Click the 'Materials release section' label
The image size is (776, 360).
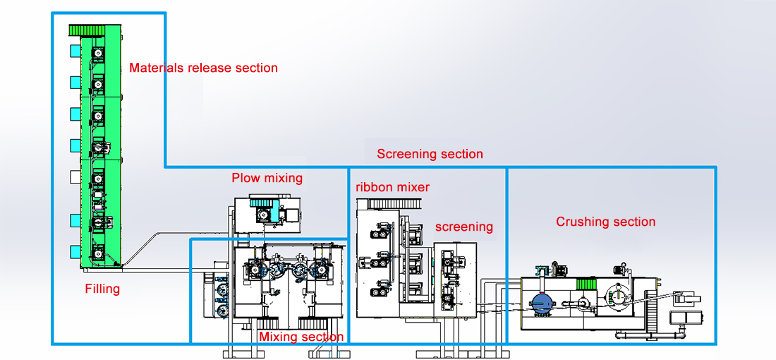[x=203, y=67]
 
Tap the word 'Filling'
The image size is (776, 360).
[x=102, y=288]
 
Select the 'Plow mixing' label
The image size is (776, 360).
[x=267, y=178]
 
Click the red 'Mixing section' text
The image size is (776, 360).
[x=301, y=337]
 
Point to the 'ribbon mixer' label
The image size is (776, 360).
[x=392, y=187]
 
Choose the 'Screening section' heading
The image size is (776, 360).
[x=430, y=154]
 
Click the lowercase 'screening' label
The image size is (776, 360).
[x=464, y=227]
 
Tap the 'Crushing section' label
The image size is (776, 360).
[x=606, y=222]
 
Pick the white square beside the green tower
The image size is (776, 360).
[x=75, y=176]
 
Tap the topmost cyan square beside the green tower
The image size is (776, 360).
[x=75, y=51]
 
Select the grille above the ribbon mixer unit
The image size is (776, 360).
[x=395, y=203]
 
